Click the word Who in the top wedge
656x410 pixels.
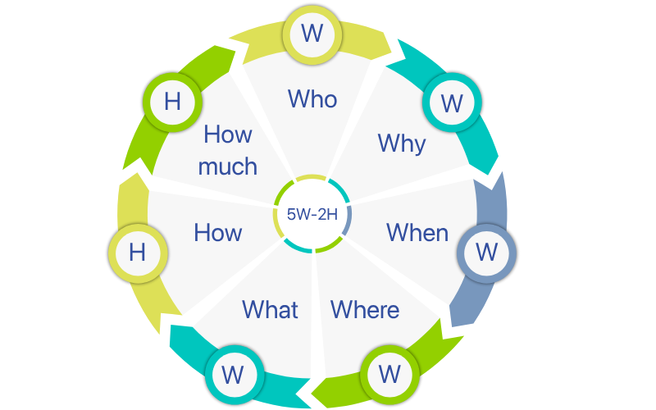coord(312,99)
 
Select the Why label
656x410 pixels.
coord(402,143)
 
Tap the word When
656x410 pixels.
coord(417,232)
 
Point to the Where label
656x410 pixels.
coord(365,309)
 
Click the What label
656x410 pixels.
coord(270,309)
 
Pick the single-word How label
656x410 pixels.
coord(218,233)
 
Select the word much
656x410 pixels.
coord(228,166)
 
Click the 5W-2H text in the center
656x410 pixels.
coord(312,214)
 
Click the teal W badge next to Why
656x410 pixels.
coord(452,103)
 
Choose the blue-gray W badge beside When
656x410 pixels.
coord(486,252)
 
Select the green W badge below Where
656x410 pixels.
coord(389,375)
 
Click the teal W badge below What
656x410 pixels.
coord(234,375)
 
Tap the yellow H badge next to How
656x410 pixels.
coord(137,252)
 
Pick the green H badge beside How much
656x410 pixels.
coord(172,102)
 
